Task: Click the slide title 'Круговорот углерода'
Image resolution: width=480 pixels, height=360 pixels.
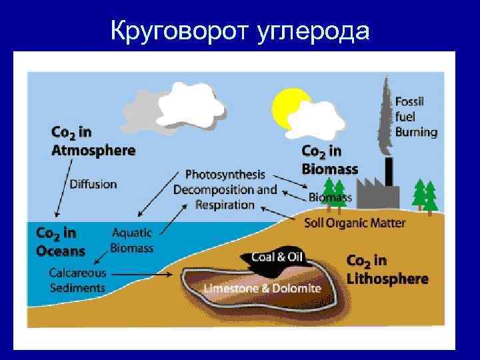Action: click(x=240, y=29)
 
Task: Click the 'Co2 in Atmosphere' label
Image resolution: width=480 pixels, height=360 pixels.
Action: click(x=93, y=140)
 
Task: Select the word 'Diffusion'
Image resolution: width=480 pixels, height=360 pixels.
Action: click(x=93, y=183)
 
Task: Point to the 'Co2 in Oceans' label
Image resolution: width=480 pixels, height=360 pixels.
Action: click(x=61, y=241)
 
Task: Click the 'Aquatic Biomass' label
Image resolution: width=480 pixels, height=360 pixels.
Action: click(x=131, y=241)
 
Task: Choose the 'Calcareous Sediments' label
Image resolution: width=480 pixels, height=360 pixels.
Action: click(x=77, y=280)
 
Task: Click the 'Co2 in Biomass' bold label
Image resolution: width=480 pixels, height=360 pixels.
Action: click(x=330, y=159)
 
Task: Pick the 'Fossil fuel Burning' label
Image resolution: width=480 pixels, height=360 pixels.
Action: click(x=416, y=117)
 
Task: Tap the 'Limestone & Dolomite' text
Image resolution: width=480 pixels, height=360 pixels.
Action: click(x=262, y=288)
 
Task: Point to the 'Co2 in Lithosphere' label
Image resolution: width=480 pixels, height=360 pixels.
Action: click(x=387, y=269)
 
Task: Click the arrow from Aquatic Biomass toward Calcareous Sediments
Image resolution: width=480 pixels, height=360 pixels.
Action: click(x=101, y=257)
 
